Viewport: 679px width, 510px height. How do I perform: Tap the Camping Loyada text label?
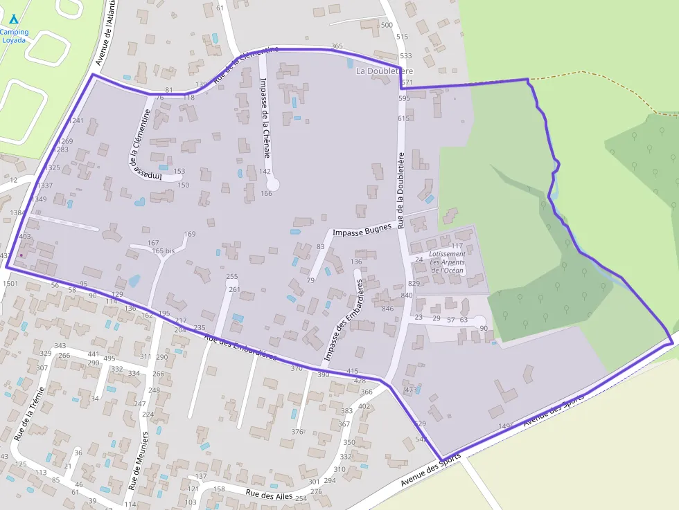(x=14, y=36)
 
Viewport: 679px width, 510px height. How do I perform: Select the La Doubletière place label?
(x=384, y=71)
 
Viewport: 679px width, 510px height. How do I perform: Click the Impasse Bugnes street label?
(x=362, y=230)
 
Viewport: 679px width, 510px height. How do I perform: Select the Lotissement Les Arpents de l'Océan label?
(x=447, y=262)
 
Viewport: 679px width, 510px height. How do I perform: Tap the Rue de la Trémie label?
(x=29, y=415)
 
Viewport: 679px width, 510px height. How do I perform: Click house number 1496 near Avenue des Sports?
(x=507, y=426)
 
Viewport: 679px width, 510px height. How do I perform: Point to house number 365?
(x=337, y=46)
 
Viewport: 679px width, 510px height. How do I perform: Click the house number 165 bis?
(x=164, y=251)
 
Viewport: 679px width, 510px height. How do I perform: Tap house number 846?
(x=387, y=309)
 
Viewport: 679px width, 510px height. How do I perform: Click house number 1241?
(x=76, y=121)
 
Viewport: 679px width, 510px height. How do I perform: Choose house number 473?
(x=411, y=390)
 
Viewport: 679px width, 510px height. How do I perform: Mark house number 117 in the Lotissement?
(x=457, y=246)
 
